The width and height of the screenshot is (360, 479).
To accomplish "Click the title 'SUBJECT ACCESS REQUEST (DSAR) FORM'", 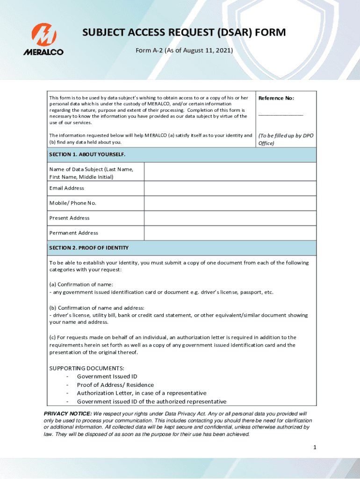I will [184, 33].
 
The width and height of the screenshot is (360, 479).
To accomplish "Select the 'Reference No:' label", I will [276, 98].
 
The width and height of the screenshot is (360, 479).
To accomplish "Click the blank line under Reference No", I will [281, 114].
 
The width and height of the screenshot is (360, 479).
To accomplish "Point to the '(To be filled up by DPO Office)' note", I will [286, 139].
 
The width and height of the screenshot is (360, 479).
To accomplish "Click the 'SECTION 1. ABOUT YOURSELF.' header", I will [87, 154].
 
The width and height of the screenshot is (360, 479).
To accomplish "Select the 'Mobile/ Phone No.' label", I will [73, 203].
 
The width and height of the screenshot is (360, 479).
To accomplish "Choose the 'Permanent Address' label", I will [74, 233].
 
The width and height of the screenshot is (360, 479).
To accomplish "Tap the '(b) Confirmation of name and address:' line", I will [97, 308].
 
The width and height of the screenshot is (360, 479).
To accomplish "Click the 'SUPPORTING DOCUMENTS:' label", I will [87, 368].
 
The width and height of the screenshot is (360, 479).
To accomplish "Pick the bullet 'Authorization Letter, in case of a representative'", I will [141, 393].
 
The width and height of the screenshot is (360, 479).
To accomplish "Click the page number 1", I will [315, 448].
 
